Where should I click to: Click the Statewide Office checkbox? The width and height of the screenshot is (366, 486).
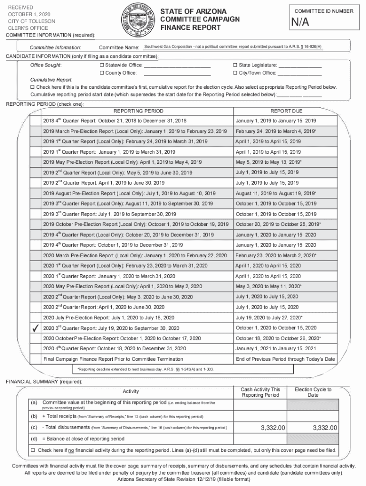(102, 65)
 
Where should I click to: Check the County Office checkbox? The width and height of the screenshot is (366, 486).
(102, 73)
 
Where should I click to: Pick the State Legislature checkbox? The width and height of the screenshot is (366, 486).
(235, 65)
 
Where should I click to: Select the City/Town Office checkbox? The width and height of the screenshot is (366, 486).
(235, 73)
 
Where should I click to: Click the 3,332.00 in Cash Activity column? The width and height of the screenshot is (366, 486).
(272, 428)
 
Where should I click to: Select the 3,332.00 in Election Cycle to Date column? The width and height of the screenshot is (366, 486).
(325, 428)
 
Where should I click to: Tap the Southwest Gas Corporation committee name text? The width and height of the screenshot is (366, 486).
(233, 47)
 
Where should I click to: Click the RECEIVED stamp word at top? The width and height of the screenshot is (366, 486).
(21, 8)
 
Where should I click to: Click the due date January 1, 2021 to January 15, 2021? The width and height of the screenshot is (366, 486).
(276, 349)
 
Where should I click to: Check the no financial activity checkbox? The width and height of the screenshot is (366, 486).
(33, 450)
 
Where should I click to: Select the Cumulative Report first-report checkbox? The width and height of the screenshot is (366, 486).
(33, 87)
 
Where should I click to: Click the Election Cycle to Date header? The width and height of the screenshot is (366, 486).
(313, 393)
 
